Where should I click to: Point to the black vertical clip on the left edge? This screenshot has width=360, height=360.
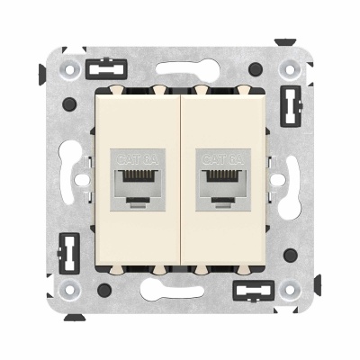click(66, 249)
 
